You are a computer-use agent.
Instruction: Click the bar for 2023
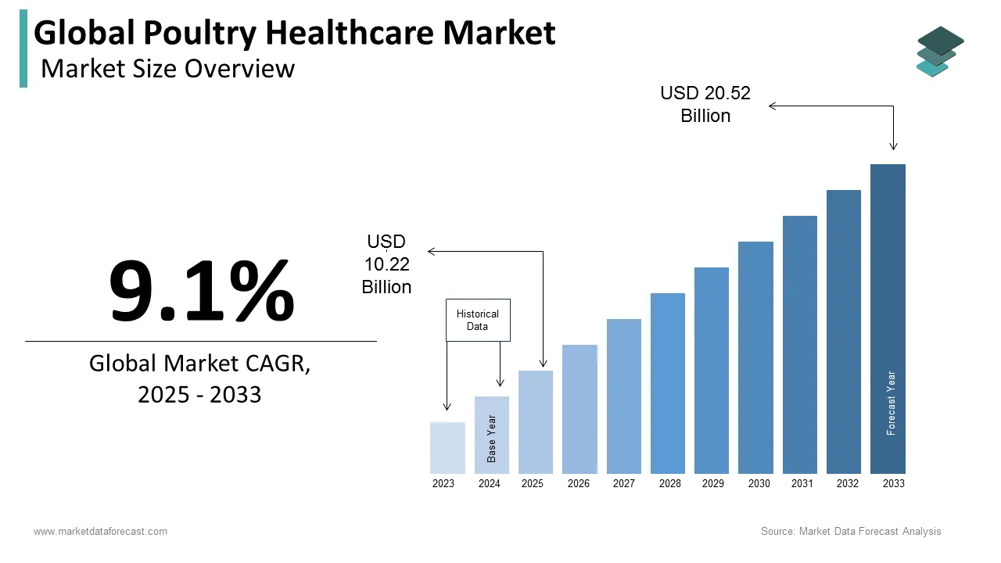447,448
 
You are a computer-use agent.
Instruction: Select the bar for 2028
667,383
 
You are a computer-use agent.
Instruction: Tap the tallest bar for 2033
888,319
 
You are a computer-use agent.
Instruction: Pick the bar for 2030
755,357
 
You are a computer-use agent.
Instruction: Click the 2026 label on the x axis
579,484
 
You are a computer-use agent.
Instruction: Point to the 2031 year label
802,484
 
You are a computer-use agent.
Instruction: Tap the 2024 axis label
490,484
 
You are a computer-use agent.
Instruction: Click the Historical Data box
478,320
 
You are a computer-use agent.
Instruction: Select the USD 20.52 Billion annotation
705,104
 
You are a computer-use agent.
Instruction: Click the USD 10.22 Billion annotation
386,264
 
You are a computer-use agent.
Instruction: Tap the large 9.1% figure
201,291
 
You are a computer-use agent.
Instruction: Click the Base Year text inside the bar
492,438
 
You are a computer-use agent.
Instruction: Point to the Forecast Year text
892,403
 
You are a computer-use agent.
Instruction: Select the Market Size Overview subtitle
167,69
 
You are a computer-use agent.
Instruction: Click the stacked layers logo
939,52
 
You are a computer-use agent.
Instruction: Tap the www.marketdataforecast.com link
100,532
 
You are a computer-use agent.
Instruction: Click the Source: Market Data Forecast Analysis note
851,532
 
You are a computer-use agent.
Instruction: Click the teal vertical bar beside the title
23,48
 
